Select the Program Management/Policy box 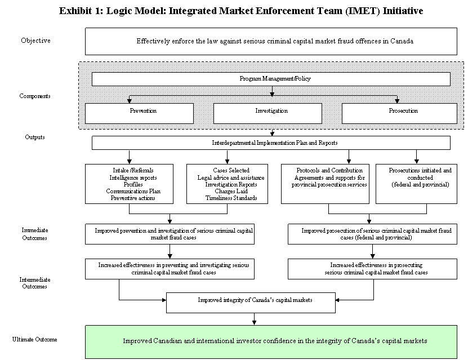click(x=271, y=79)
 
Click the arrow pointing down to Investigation click(x=272, y=92)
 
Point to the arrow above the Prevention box click(x=129, y=99)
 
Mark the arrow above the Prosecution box click(x=397, y=99)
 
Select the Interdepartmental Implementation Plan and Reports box click(x=271, y=143)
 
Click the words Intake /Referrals click(x=133, y=170)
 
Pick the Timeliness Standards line click(x=231, y=198)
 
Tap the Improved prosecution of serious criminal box click(x=372, y=234)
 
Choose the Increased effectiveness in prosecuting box click(x=372, y=269)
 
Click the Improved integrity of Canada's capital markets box click(x=251, y=303)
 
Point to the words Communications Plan click(x=133, y=191)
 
